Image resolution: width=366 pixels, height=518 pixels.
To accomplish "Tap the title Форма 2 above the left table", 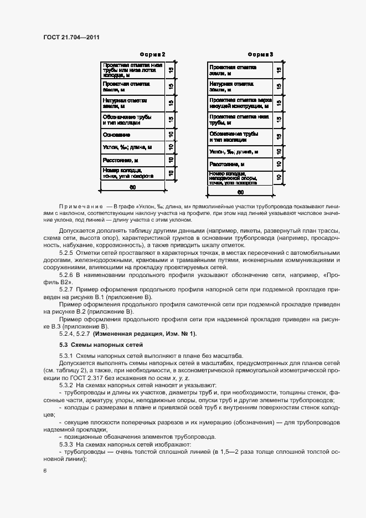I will tap(153, 54).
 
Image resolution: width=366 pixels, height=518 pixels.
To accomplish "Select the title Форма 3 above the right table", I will tap(260, 54).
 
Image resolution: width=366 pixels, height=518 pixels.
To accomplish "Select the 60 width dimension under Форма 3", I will tap(240, 193).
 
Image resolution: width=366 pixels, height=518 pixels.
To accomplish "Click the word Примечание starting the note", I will tap(80, 206).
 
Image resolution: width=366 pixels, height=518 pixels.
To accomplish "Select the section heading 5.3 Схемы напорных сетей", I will tap(101, 345).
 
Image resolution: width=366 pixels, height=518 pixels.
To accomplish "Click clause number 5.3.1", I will tap(66, 356).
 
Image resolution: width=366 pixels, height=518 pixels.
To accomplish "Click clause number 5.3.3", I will tap(66, 444).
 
